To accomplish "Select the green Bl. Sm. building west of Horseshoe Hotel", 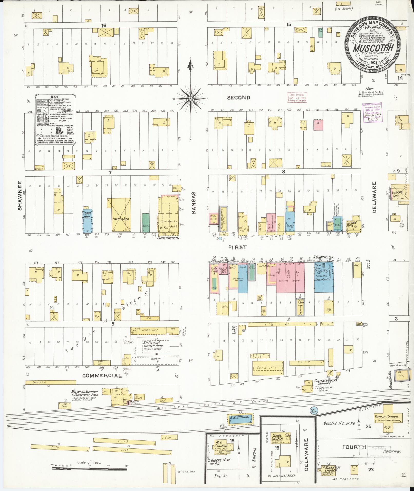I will click(x=146, y=223).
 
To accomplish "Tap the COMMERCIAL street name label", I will click(x=102, y=376).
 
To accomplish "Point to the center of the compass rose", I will click(x=191, y=99).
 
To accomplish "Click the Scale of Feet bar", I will click(x=89, y=468).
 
